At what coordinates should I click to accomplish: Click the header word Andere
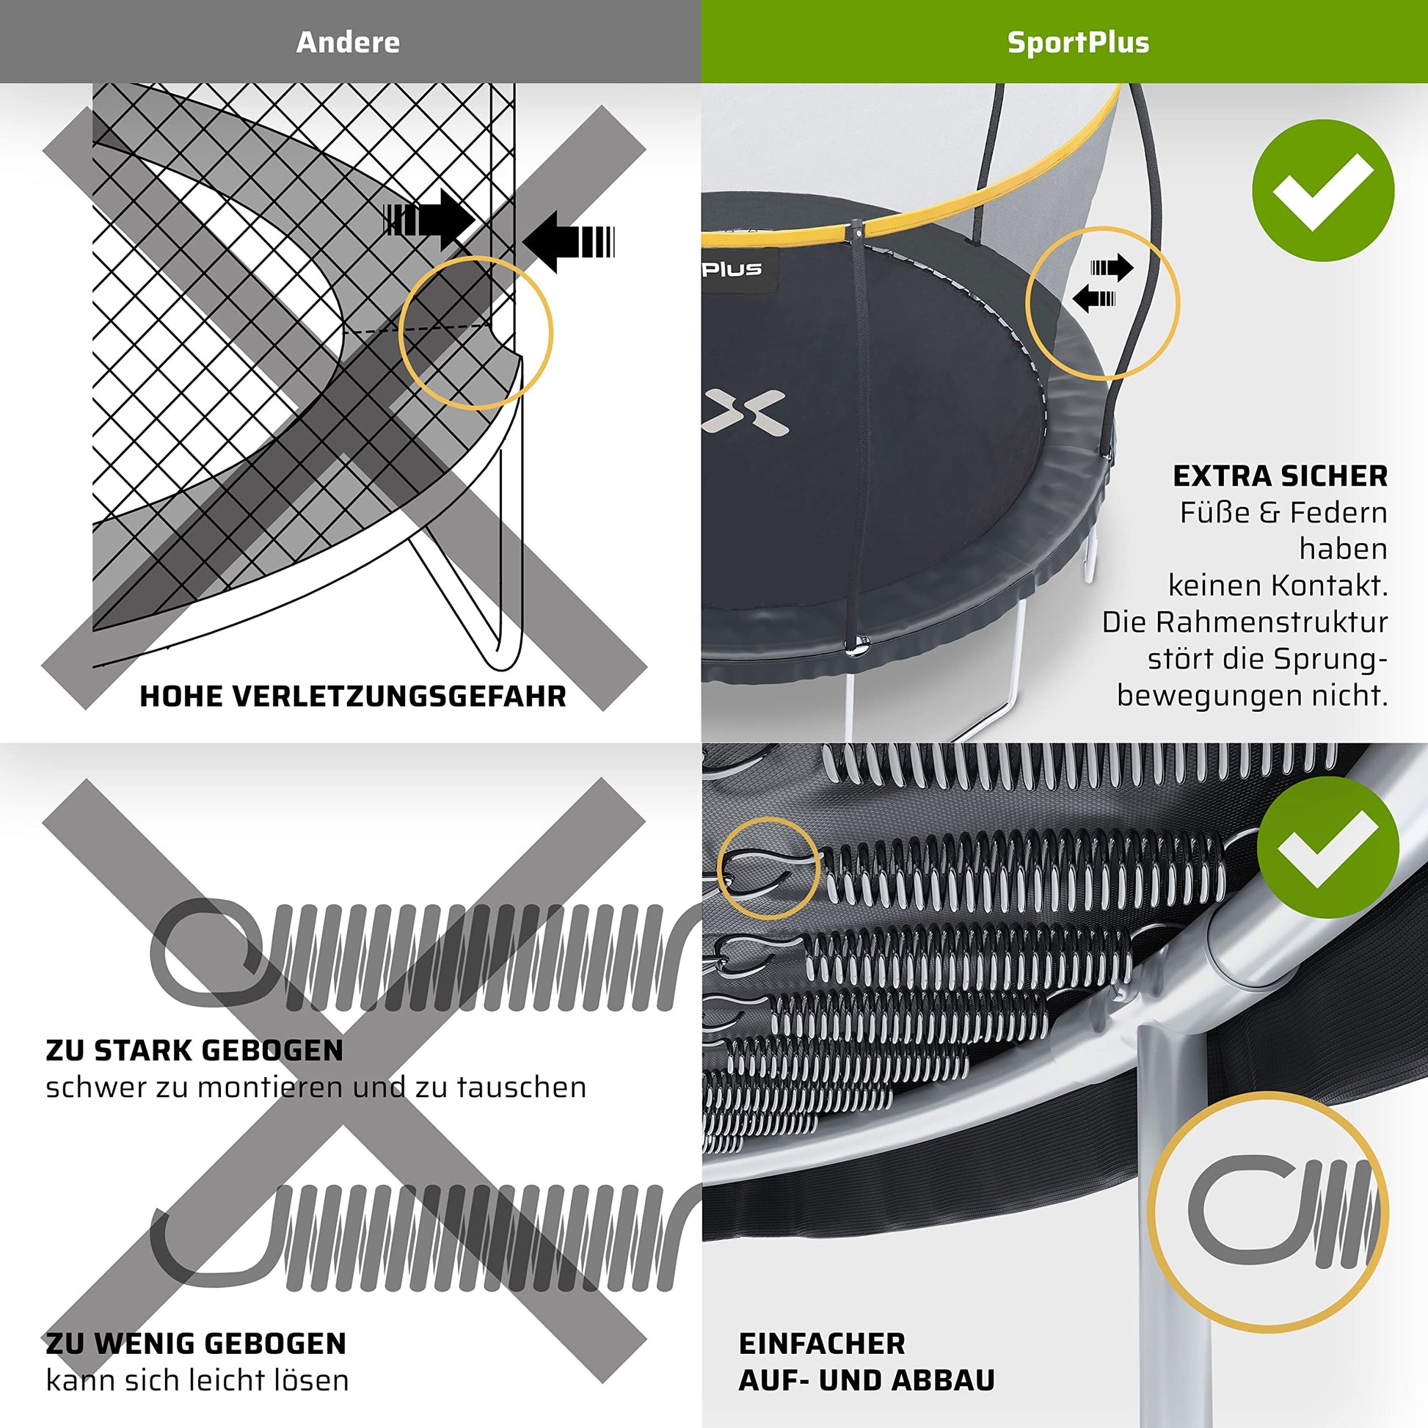tap(348, 42)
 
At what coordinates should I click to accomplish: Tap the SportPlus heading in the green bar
tap(1079, 42)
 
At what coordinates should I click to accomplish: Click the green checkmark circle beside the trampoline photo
tap(1323, 190)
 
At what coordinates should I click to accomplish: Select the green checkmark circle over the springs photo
tap(1327, 848)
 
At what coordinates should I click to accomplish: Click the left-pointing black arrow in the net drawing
tap(569, 241)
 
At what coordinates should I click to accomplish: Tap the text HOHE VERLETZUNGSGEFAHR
tap(352, 696)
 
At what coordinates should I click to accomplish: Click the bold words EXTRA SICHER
tap(1281, 476)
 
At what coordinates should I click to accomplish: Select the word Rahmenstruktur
tap(1272, 622)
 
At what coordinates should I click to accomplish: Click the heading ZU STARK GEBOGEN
tap(194, 1050)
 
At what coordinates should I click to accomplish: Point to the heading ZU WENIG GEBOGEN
tap(196, 1343)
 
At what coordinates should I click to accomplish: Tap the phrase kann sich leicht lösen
tap(197, 1380)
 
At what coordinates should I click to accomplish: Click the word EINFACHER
tap(822, 1343)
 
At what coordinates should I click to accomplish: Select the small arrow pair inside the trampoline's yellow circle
tap(1103, 283)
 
